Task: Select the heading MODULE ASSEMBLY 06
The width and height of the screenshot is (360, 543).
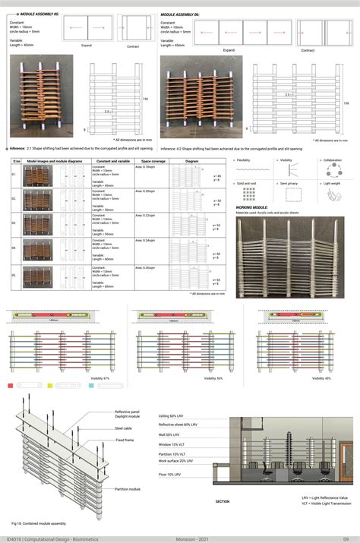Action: [x=187, y=14]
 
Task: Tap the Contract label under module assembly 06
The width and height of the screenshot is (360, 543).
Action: [x=308, y=50]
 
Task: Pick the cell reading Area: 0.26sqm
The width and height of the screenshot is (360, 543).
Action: [x=145, y=267]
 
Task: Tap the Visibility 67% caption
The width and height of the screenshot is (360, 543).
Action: [x=80, y=378]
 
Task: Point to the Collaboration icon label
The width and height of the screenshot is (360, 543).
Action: [x=333, y=161]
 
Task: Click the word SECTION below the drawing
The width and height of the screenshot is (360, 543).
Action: [x=223, y=501]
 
